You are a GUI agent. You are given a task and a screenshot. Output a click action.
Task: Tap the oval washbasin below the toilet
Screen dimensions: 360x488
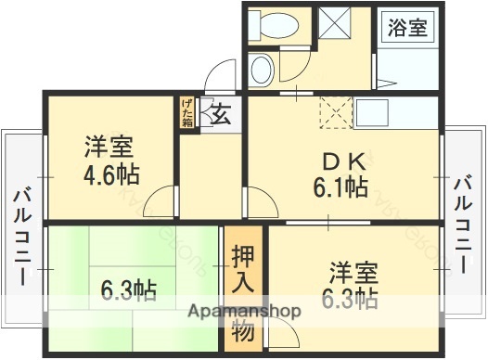coord(263,68)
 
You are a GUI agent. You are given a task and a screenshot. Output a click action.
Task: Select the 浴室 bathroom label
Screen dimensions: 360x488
coord(406,26)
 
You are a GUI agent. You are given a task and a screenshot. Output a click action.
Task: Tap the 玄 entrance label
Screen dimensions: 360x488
coord(221,116)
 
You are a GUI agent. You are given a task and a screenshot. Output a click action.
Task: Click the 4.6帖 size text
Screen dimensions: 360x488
coord(109,175)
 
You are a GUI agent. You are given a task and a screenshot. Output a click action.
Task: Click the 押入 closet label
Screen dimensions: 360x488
coord(243,268)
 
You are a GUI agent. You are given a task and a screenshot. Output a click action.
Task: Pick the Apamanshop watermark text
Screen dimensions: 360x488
coord(244,312)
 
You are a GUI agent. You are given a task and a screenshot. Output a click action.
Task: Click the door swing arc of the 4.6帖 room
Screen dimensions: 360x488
coord(160,199)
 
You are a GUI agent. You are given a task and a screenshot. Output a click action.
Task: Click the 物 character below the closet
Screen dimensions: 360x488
coord(243,328)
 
